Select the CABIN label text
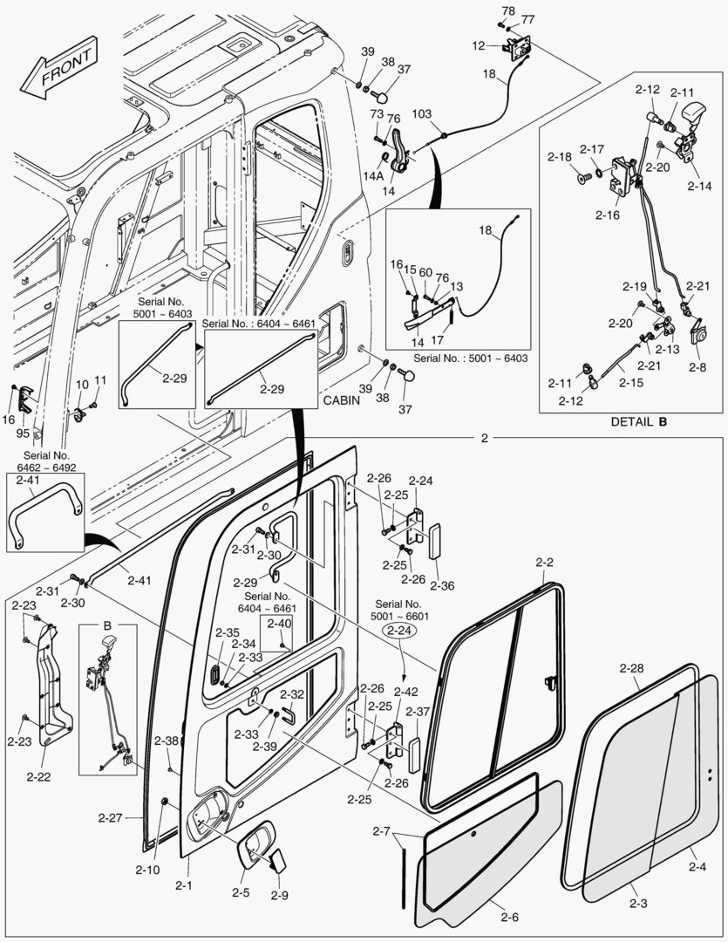pos(342,400)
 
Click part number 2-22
pos(38,775)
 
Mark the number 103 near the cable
pos(422,114)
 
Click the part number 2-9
pos(279,895)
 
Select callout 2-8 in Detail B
pos(697,367)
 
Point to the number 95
pos(24,433)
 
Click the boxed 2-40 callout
pos(279,624)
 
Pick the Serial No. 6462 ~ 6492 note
pos(46,461)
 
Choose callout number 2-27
pos(111,817)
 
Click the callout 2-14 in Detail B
pos(698,186)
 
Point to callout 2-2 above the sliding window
pos(545,563)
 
